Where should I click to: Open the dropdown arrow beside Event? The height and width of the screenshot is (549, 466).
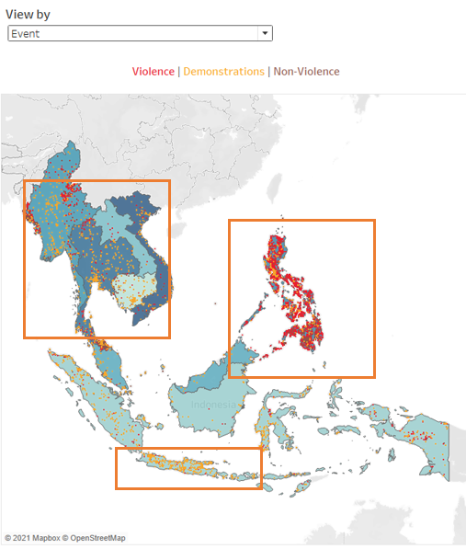point(265,33)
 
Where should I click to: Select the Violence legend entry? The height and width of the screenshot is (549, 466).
point(153,72)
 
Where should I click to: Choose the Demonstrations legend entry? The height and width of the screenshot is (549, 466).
point(222,72)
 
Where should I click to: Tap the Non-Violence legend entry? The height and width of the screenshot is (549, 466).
point(306,72)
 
